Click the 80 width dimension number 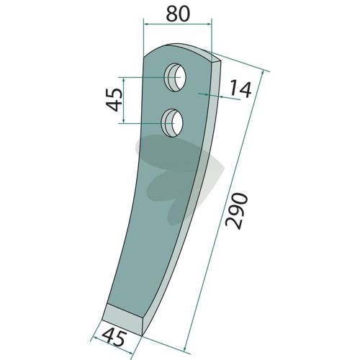coord(178,14)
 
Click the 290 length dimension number coord(236,211)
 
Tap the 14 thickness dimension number coord(240,89)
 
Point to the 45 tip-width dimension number coord(113,338)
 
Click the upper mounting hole coord(176,77)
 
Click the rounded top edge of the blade coord(182,47)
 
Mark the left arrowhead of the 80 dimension coord(146,24)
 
